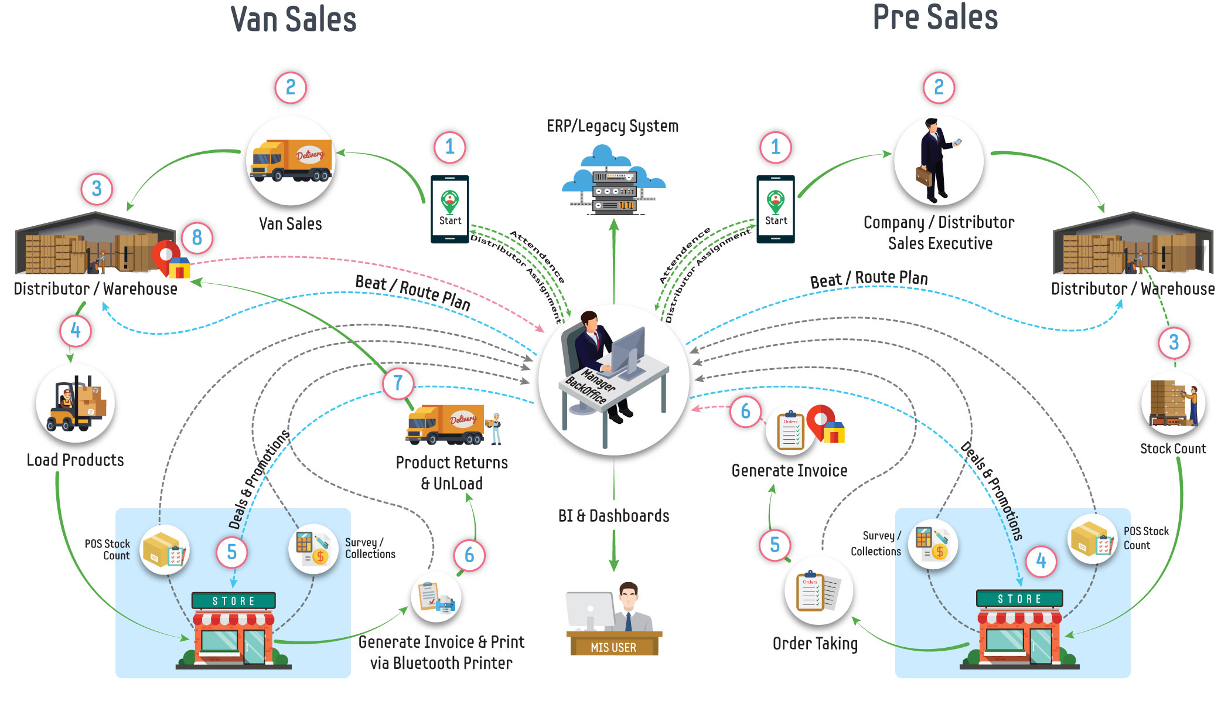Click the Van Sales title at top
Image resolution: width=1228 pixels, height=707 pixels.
point(294,19)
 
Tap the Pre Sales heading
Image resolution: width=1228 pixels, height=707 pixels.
point(935,17)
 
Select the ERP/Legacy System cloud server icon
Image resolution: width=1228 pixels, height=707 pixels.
point(613,179)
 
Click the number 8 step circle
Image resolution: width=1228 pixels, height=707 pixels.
point(197,237)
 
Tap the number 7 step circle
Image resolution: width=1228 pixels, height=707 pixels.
point(398,383)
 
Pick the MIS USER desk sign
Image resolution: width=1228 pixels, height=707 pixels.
point(613,647)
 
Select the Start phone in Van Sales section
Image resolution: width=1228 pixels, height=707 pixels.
point(450,209)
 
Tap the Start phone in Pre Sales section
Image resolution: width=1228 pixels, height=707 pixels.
point(776,209)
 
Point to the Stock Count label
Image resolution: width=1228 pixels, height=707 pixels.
point(1173,448)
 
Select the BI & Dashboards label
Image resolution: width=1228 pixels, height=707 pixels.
point(613,515)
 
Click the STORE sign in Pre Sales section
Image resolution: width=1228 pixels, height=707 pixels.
point(1019,599)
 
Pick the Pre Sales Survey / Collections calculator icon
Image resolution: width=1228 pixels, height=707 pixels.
point(933,544)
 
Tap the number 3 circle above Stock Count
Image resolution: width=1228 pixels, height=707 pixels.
point(1174,342)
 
